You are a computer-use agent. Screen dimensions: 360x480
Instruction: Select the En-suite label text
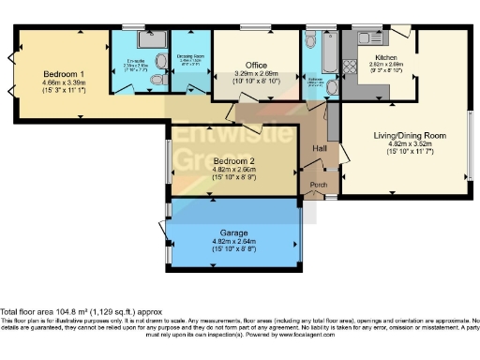[x=128, y=60]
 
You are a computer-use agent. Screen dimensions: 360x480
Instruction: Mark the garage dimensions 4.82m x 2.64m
[x=233, y=246]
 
